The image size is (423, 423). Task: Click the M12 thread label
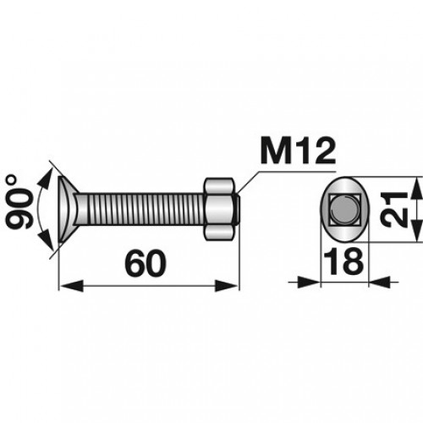[x=298, y=151]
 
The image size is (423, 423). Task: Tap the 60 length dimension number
[x=146, y=263]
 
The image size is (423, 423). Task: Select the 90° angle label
[x=19, y=201]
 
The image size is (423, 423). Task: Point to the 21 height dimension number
[x=394, y=209]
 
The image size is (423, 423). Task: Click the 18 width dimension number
[x=343, y=261]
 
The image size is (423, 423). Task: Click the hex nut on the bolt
[x=219, y=209]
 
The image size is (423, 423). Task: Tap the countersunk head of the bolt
[x=69, y=209]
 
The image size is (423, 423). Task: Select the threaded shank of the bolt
[x=141, y=209]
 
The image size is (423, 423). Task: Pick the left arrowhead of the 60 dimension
[x=72, y=286]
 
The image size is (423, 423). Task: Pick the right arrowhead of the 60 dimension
[x=226, y=286]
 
